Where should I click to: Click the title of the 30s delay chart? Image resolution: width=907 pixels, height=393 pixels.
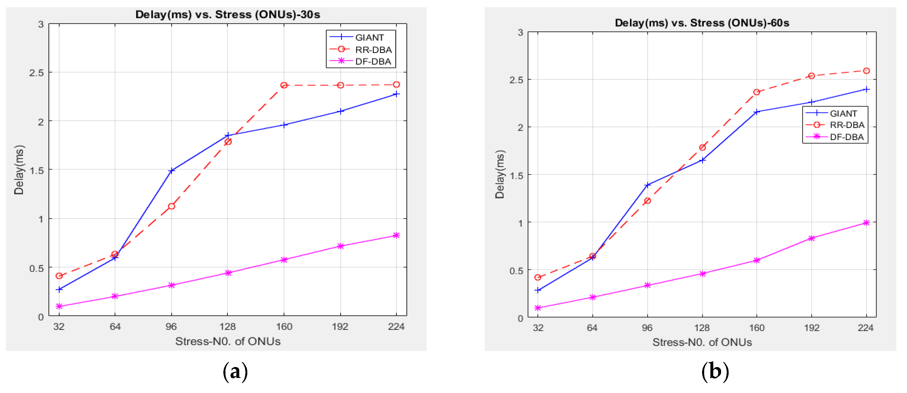pos(228,15)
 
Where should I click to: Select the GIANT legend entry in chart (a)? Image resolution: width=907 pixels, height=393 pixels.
pos(369,38)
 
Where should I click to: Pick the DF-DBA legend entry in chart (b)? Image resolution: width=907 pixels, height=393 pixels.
pos(846,137)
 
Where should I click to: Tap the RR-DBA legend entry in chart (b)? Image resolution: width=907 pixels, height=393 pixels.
pos(846,125)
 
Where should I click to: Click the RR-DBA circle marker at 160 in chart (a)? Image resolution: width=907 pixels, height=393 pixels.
pos(284,85)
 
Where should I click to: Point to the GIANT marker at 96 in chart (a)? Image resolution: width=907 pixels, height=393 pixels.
pos(171,171)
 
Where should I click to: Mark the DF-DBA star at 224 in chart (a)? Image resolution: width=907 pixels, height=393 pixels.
pos(396,235)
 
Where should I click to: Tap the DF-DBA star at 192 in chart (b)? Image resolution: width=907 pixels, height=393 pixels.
pos(811,238)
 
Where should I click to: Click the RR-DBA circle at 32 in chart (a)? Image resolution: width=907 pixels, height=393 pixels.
pos(59,276)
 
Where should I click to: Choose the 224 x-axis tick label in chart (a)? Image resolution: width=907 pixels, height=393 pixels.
pos(396,327)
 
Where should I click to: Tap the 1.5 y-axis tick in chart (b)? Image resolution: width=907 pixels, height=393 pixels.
pos(516,176)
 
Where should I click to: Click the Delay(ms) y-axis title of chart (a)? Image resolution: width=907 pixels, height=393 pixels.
pos(19,170)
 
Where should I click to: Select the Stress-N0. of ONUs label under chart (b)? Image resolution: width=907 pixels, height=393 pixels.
pos(702,342)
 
